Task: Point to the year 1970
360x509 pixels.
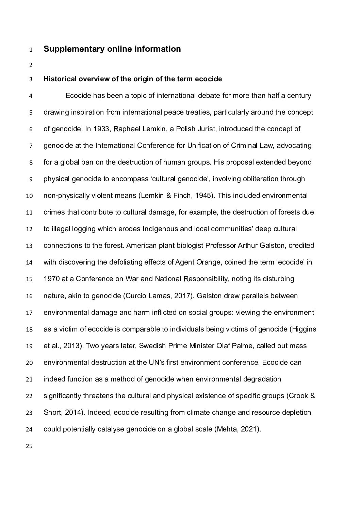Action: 51,279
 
